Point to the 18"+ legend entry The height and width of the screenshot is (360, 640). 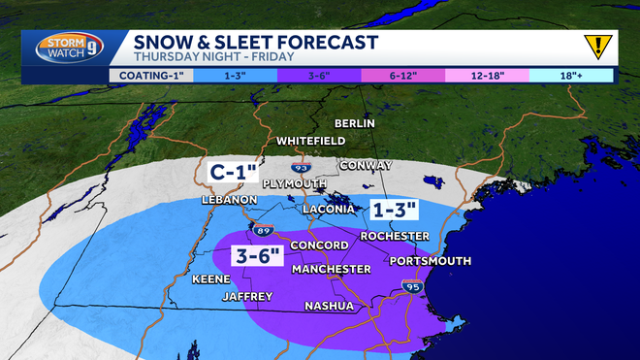(571, 74)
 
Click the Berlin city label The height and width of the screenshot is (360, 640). (354, 123)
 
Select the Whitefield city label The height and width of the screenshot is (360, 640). (310, 141)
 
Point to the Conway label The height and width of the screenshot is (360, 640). (366, 165)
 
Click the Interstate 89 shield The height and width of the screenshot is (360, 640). (264, 230)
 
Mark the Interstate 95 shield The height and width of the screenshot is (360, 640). (411, 286)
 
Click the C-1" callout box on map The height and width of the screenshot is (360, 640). (234, 173)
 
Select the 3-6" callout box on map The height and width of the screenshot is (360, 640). (258, 256)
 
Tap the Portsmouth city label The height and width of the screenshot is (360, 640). (430, 261)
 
